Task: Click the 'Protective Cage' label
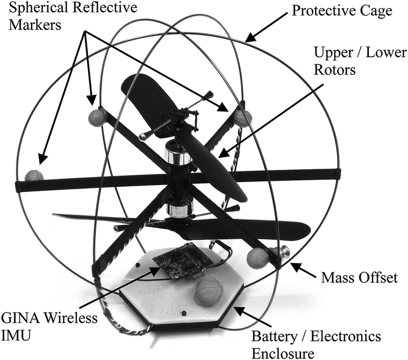click(342, 11)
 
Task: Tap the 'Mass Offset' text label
click(360, 277)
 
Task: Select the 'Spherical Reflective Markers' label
click(73, 16)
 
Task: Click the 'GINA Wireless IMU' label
click(49, 326)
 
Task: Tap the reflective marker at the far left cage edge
click(34, 175)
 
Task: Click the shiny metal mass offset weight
click(280, 252)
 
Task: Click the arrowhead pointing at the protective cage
click(250, 38)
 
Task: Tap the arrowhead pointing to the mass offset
click(296, 267)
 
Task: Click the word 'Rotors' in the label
click(335, 70)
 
